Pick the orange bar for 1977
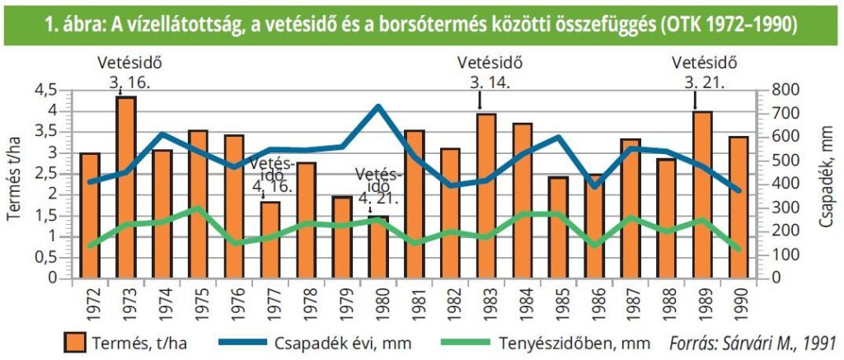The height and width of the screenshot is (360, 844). (x=270, y=240)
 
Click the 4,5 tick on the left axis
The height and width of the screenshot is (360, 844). (x=47, y=89)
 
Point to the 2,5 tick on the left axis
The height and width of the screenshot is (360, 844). (x=47, y=174)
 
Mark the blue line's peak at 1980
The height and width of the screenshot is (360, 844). (x=378, y=106)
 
